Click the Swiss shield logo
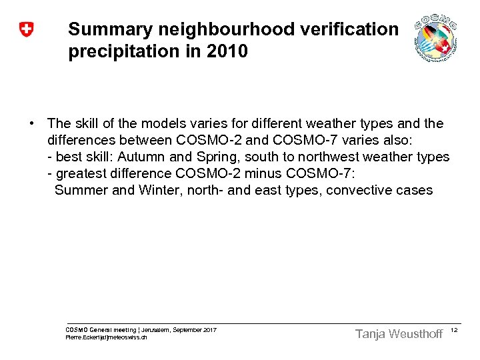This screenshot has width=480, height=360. tap(26, 30)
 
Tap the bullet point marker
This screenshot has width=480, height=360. tap(31, 124)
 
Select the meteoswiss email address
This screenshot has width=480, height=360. tap(107, 337)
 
